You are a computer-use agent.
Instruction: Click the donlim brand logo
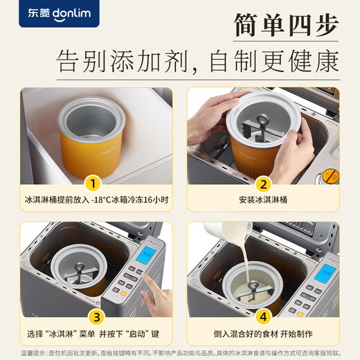[49, 13]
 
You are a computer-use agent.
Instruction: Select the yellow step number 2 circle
[262, 184]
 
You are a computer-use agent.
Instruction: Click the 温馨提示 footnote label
[14, 353]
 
